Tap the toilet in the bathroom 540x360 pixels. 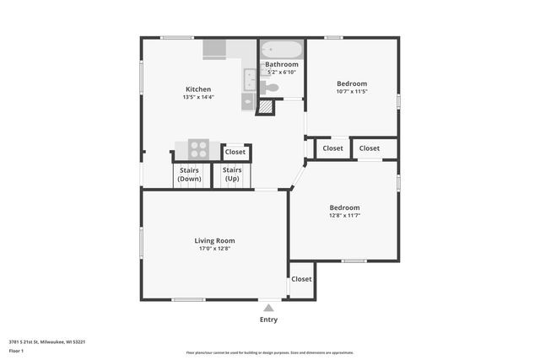tap(271, 87)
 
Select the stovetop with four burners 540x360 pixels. tap(198, 149)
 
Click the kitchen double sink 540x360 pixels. tap(250, 79)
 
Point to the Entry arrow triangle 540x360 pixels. tap(268, 309)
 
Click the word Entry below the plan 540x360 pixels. tap(268, 320)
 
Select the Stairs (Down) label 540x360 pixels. tap(190, 175)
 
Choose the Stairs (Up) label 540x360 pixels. tap(231, 175)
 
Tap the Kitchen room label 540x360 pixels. tap(198, 89)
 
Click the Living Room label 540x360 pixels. tap(214, 240)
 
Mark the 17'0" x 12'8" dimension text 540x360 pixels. tap(214, 249)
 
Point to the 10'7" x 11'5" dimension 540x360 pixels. tap(352, 91)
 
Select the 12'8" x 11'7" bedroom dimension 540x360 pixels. tap(344, 216)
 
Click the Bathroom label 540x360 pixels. tap(282, 64)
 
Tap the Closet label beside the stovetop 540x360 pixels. tap(235, 153)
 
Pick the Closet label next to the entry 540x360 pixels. tap(301, 279)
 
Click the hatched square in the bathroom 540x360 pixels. tap(265, 107)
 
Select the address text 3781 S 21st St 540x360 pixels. tap(47, 341)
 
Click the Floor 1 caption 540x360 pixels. tap(15, 352)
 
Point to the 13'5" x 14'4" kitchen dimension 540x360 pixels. tap(198, 97)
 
